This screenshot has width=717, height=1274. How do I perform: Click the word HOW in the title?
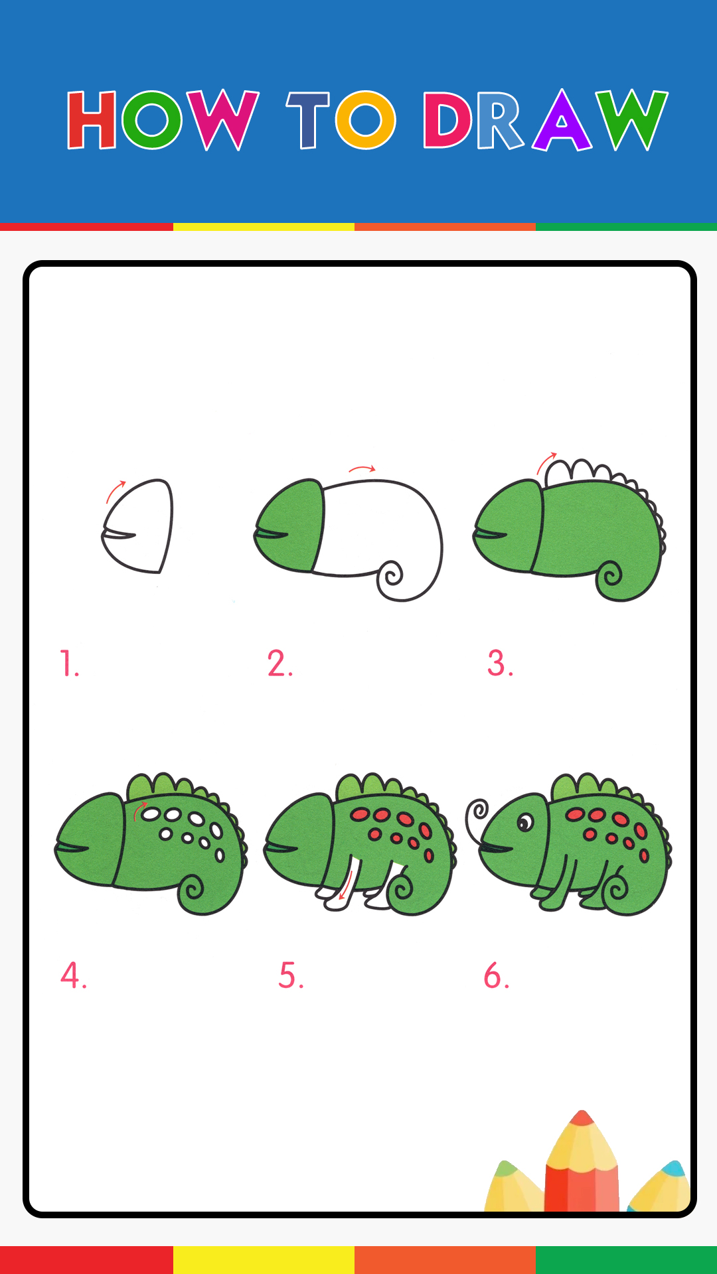tap(163, 120)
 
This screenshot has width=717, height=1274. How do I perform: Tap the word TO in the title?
tap(341, 120)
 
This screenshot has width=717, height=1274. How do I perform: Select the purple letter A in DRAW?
tap(562, 120)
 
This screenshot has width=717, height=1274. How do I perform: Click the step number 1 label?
tap(69, 663)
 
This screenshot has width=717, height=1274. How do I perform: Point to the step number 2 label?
tap(280, 663)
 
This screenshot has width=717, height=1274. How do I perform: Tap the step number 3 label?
tap(500, 663)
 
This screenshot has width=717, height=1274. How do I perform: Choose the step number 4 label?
tap(73, 975)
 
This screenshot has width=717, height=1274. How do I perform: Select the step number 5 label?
tap(291, 975)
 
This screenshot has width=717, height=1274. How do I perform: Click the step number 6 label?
tap(496, 975)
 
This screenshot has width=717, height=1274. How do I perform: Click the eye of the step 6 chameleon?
tap(525, 823)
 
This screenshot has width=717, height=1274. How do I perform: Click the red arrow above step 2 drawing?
tap(362, 469)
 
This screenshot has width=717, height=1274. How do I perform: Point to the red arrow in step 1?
tap(115, 491)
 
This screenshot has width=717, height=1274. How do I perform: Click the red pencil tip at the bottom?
tap(582, 1117)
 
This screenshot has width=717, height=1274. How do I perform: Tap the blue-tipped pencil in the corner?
tap(661, 1188)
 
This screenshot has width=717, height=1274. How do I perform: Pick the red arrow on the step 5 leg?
tap(345, 886)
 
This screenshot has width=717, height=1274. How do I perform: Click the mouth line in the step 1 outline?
tap(119, 533)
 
